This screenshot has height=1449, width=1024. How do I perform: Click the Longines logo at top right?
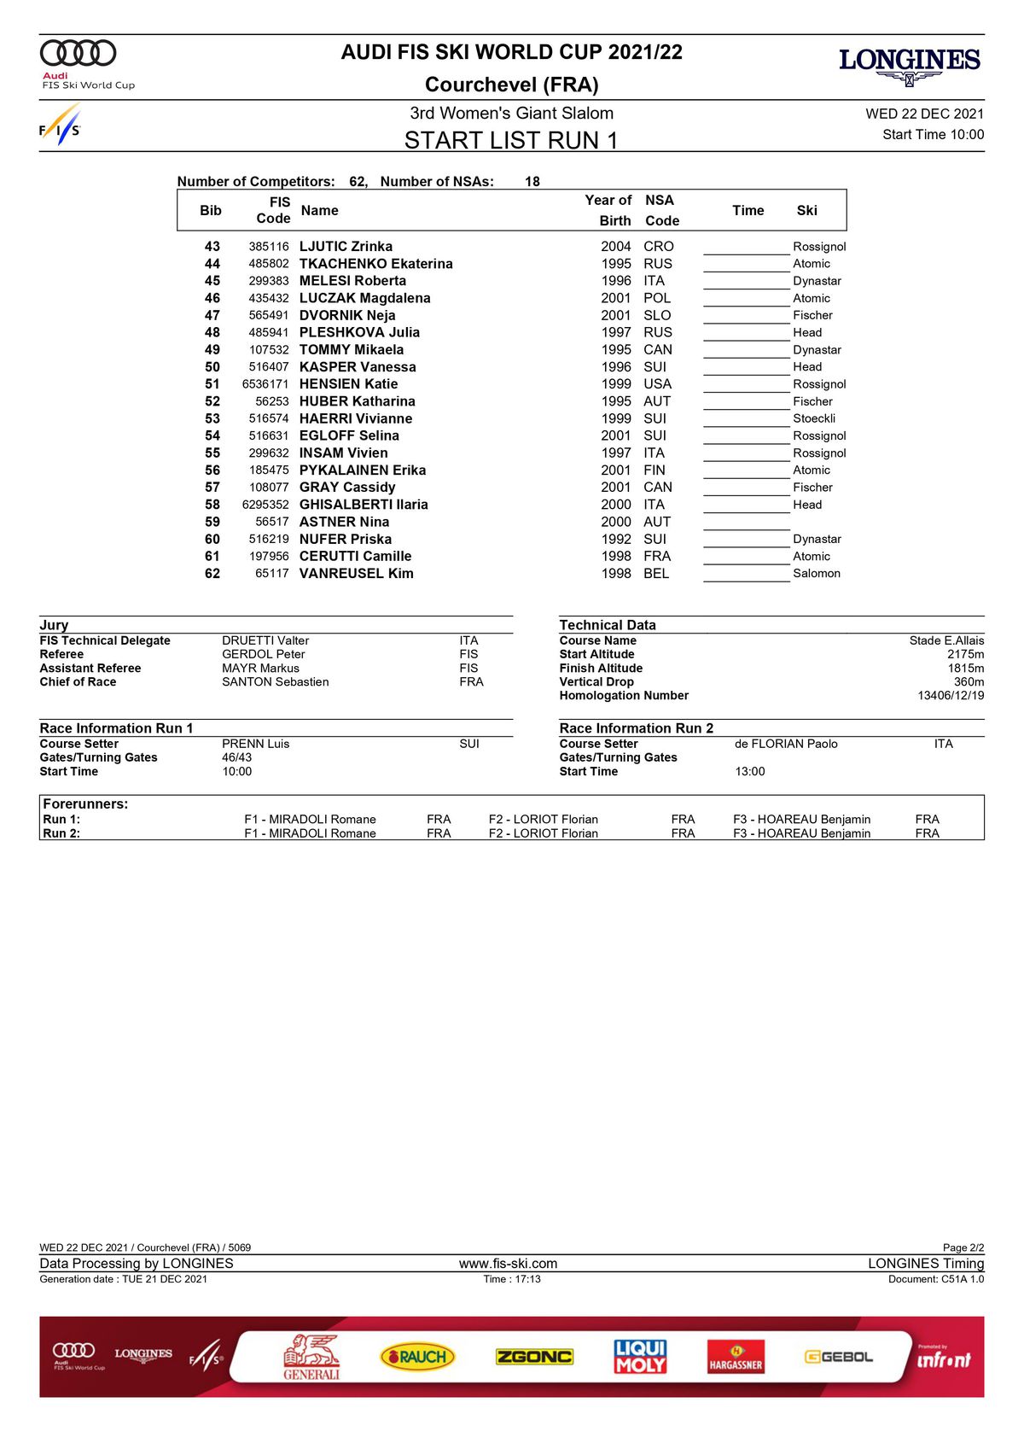pyautogui.click(x=909, y=66)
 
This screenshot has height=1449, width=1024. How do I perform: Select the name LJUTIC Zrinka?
pyautogui.click(x=346, y=247)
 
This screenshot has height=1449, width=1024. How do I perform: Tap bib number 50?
pyautogui.click(x=212, y=367)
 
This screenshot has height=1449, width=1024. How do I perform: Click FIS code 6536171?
pyautogui.click(x=265, y=384)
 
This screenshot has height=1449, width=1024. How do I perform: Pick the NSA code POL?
pyautogui.click(x=657, y=298)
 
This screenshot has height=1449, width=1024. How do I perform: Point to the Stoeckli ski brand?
pyautogui.click(x=814, y=418)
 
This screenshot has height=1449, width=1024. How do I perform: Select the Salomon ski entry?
pyautogui.click(x=817, y=574)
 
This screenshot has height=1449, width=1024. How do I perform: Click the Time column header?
pyautogui.click(x=748, y=211)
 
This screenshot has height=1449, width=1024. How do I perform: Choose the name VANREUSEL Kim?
pyautogui.click(x=356, y=574)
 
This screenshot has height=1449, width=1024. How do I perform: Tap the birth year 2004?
pyautogui.click(x=616, y=247)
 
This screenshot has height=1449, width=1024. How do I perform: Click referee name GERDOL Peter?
pyautogui.click(x=263, y=655)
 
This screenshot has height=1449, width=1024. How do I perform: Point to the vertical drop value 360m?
pyautogui.click(x=969, y=682)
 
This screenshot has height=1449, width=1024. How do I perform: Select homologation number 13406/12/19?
pyautogui.click(x=951, y=696)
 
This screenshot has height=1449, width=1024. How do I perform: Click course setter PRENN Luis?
pyautogui.click(x=255, y=745)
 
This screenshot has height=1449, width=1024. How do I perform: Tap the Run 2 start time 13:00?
pyautogui.click(x=750, y=772)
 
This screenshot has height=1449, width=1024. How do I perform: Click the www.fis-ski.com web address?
pyautogui.click(x=508, y=1264)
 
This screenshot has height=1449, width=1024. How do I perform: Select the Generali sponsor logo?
pyautogui.click(x=311, y=1357)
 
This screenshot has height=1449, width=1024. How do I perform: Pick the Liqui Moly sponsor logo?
pyautogui.click(x=640, y=1356)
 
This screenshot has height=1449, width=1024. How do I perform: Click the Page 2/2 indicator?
pyautogui.click(x=963, y=1247)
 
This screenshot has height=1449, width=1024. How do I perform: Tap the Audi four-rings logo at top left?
pyautogui.click(x=79, y=53)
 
